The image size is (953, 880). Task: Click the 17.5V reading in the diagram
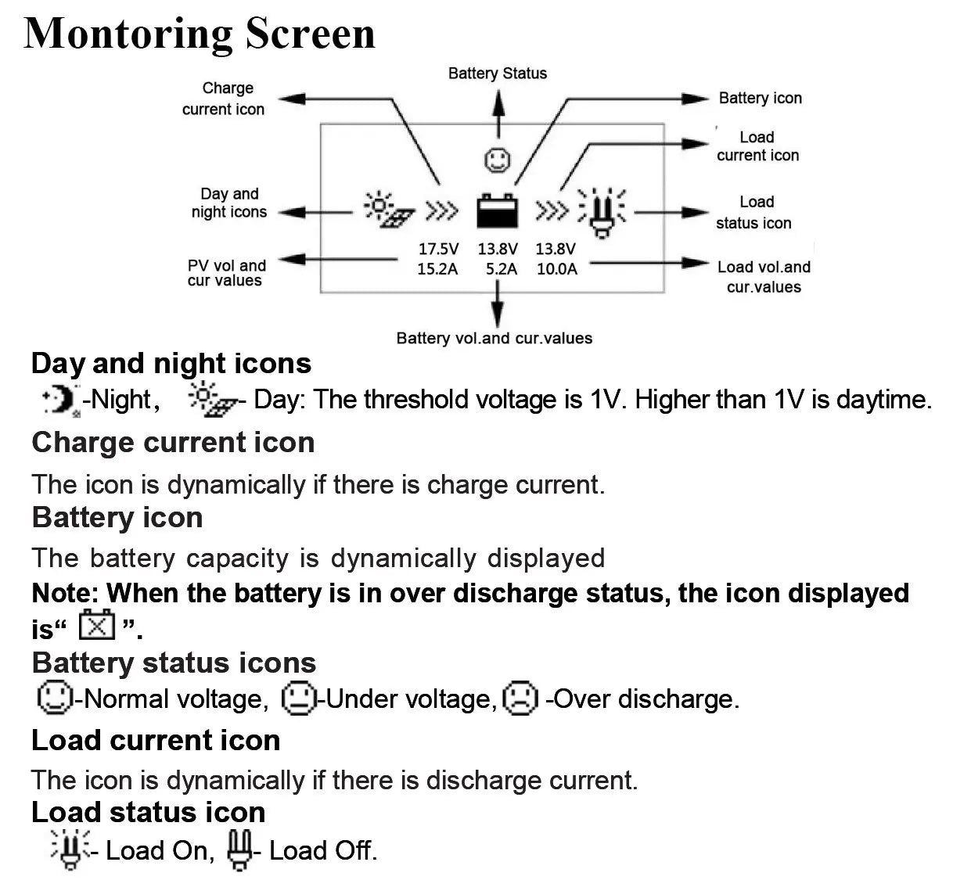438,249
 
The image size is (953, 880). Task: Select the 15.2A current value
437,269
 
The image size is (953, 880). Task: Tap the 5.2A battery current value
501,269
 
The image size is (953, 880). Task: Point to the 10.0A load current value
556,269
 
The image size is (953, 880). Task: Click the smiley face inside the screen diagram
497,160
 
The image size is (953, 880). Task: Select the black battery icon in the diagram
497,211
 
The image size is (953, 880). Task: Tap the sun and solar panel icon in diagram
388,210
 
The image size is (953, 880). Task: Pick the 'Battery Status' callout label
497,74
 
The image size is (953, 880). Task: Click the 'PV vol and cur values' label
226,273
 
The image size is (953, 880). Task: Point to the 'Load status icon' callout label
754,213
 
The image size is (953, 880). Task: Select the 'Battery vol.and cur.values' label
494,339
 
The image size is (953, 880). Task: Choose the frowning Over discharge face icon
520,698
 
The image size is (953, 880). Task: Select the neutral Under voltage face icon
298,698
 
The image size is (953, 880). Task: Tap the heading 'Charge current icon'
173,443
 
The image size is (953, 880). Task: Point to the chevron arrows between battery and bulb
552,211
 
